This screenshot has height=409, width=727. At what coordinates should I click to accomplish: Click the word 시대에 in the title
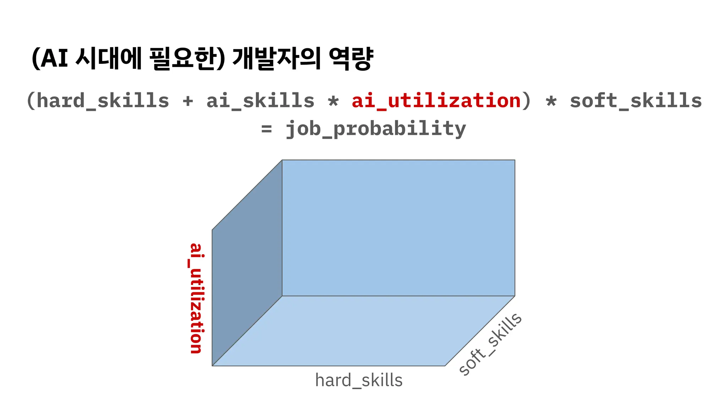109,58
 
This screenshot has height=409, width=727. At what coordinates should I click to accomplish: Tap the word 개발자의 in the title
277,58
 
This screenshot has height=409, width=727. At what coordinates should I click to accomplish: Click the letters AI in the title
54,58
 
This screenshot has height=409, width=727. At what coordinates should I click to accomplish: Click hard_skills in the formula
103,101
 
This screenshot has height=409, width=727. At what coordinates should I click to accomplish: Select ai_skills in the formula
260,101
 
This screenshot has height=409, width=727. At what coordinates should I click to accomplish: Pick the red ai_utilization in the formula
436,101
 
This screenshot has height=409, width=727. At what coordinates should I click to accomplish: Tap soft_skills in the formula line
636,101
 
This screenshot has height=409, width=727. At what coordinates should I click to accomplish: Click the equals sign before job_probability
267,129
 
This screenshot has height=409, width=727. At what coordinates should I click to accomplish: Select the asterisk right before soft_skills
551,102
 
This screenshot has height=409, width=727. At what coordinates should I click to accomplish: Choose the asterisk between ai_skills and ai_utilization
333,102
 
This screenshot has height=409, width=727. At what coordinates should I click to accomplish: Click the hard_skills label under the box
359,381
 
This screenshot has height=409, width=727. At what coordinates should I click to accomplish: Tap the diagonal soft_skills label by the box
490,344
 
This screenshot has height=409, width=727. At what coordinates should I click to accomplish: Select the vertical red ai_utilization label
196,298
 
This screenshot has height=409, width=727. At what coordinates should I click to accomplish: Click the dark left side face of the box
247,263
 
